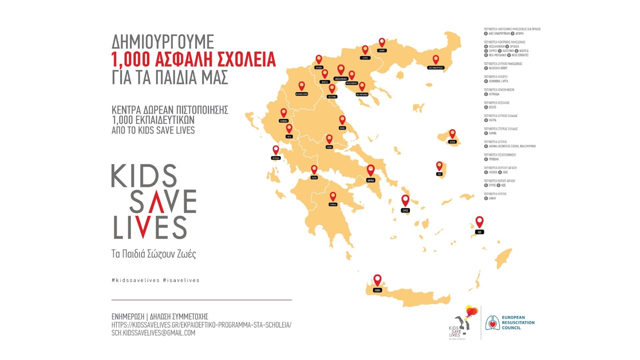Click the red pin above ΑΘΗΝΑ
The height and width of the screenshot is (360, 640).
click(370, 169)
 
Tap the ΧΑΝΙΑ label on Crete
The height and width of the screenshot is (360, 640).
click(377, 290)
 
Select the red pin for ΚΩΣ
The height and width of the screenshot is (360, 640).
click(479, 221)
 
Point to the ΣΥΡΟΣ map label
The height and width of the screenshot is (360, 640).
click(405, 210)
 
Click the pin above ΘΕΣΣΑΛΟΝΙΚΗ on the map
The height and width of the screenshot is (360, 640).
click(341, 69)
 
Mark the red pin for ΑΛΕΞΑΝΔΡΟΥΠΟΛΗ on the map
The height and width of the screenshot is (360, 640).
click(435, 59)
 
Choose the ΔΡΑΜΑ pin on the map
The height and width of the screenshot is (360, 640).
click(382, 42)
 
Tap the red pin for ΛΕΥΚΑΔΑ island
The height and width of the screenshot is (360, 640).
click(275, 149)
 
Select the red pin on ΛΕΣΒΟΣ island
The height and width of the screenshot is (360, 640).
click(452, 133)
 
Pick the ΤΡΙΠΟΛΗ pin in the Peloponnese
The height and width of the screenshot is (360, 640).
click(332, 196)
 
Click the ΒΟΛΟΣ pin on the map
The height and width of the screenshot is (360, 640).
click(342, 119)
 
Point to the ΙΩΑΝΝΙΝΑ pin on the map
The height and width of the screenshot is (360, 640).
click(283, 112)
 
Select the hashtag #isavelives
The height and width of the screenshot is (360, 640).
click(181, 280)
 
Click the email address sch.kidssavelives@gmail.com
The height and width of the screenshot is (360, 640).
click(153, 333)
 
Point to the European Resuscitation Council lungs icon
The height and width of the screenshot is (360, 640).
click(493, 322)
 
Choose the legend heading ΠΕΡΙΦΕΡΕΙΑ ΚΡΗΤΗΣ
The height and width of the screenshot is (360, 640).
click(495, 193)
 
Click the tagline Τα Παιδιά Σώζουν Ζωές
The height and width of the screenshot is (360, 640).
click(153, 253)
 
